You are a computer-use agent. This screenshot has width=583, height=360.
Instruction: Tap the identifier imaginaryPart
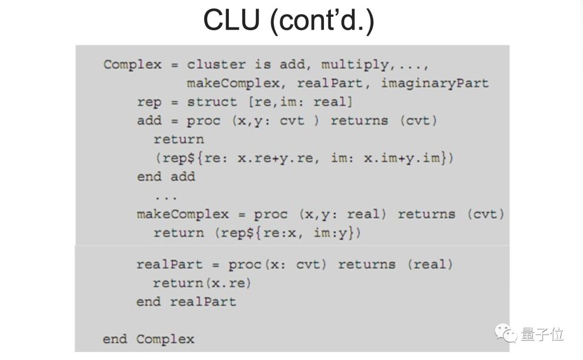[435, 84]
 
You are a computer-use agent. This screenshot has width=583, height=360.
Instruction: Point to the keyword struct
[212, 102]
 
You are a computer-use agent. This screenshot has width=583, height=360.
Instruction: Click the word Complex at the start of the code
[132, 65]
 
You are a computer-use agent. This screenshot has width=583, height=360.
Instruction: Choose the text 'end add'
[166, 177]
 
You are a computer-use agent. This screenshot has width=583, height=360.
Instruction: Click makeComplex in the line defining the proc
[182, 214]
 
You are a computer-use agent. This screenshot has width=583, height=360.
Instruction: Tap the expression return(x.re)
[202, 283]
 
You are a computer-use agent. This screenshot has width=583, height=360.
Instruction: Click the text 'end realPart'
[186, 301]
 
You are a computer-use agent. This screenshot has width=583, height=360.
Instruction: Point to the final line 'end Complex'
[148, 339]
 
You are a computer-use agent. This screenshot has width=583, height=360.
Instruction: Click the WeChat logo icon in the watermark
[507, 334]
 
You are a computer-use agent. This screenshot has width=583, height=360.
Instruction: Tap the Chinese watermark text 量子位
[542, 335]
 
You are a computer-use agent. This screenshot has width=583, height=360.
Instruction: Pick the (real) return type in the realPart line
[430, 264]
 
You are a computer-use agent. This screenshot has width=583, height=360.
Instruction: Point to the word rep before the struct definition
[149, 102]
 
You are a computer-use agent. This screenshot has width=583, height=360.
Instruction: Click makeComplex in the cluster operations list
[233, 84]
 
